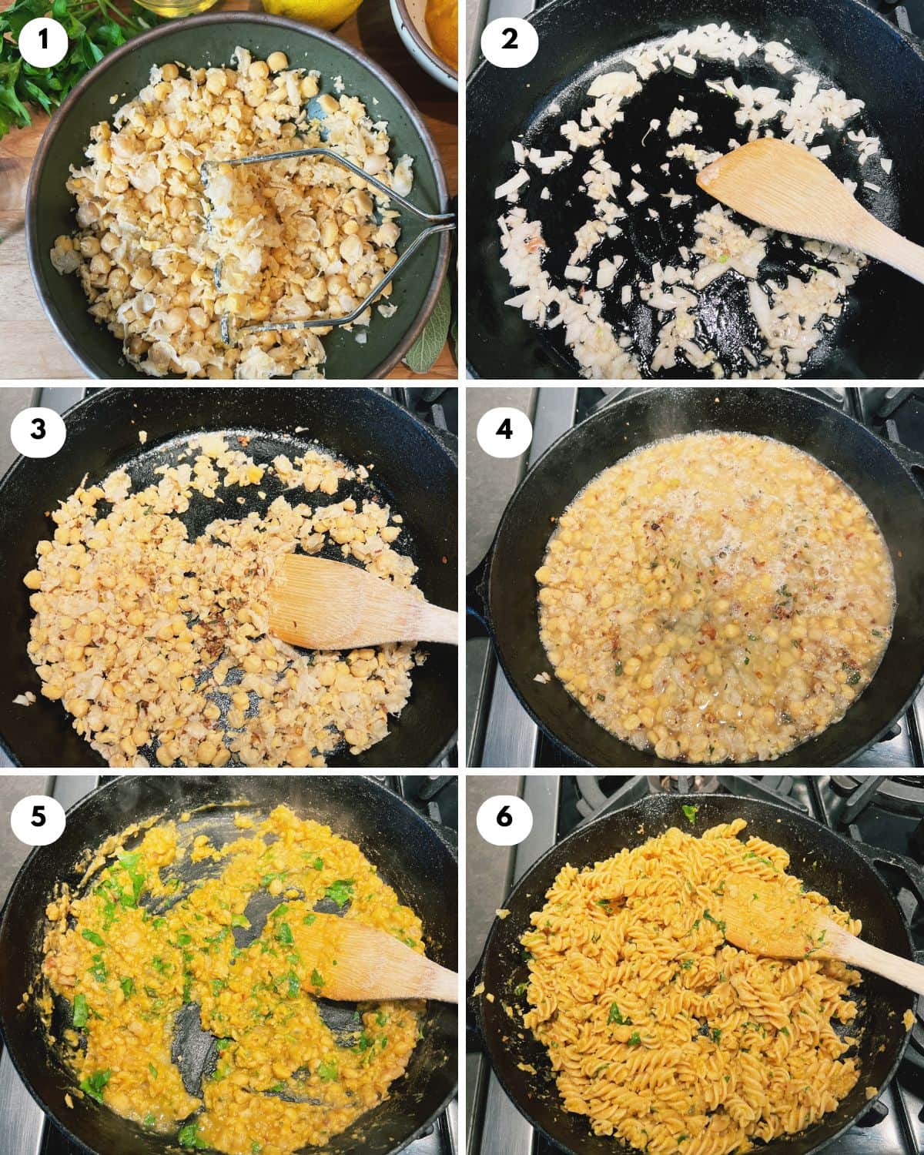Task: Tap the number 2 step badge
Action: click(x=510, y=39)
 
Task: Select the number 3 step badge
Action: click(x=38, y=428)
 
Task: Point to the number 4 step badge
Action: click(x=504, y=428)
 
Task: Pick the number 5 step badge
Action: click(x=38, y=817)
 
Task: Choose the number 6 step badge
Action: click(x=504, y=817)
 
